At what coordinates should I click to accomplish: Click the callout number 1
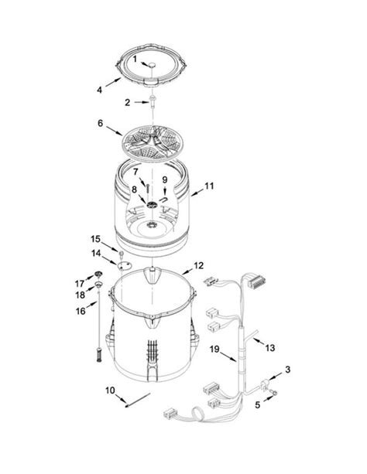135,59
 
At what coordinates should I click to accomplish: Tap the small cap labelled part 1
152,65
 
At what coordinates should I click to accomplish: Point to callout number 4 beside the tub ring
99,90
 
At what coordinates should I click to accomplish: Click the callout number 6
100,124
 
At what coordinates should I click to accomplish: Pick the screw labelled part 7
147,189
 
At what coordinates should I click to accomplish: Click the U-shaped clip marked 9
164,199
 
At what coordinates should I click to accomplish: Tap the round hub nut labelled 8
152,205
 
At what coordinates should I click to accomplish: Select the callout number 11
209,186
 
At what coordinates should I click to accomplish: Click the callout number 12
199,265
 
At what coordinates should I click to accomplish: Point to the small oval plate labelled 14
125,266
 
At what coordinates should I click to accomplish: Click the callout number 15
95,239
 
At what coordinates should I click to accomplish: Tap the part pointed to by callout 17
98,274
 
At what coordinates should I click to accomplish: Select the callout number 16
81,310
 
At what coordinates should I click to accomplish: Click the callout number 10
110,390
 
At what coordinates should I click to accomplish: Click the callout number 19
214,350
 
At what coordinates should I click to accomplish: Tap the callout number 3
287,369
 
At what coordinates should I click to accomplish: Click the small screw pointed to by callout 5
275,393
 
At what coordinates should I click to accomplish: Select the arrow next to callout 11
197,192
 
